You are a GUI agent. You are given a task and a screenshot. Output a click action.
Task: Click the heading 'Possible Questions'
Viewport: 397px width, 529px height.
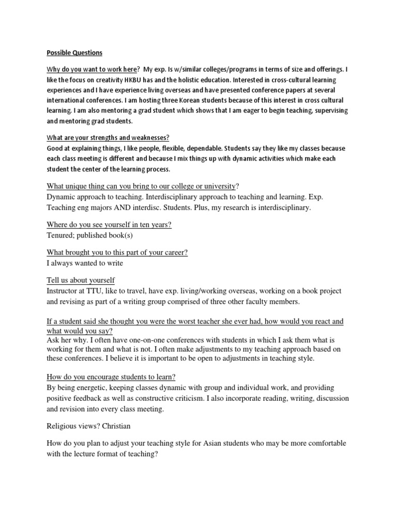(x=74, y=53)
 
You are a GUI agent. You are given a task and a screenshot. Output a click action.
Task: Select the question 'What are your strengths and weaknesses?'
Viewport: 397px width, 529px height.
(x=108, y=137)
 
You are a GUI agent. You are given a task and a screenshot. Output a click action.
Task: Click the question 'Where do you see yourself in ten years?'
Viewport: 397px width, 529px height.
(x=109, y=225)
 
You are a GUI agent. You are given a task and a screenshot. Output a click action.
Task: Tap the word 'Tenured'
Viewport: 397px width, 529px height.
(x=62, y=236)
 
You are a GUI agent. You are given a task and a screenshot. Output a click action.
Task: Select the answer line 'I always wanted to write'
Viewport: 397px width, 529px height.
(x=85, y=263)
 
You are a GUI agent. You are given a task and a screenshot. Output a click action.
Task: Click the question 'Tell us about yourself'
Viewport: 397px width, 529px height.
(x=81, y=280)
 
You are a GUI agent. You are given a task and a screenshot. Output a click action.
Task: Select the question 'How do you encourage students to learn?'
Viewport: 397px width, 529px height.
(x=114, y=377)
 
